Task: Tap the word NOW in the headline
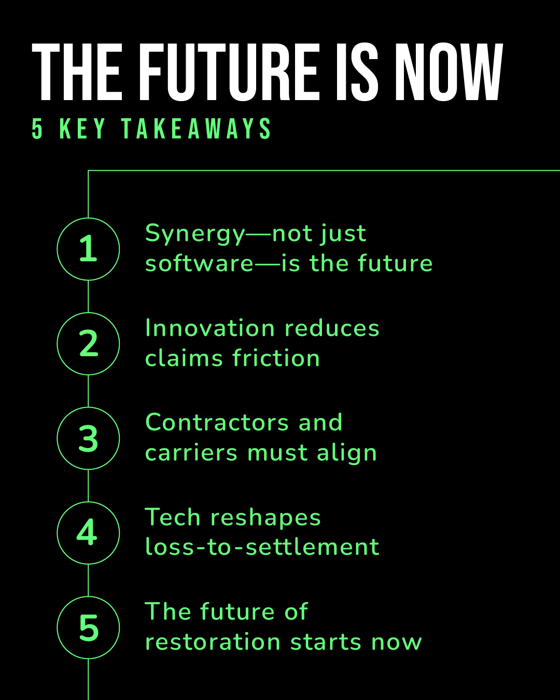click(x=449, y=72)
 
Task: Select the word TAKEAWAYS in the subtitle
click(x=196, y=129)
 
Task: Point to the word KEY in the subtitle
click(x=82, y=129)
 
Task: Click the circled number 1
click(x=88, y=249)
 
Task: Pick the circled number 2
click(x=88, y=343)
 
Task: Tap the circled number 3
click(x=88, y=438)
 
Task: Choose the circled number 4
click(x=88, y=533)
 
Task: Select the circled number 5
click(x=88, y=627)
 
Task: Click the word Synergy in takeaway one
click(x=195, y=234)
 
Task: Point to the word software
click(x=199, y=263)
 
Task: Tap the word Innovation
click(x=210, y=328)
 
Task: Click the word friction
click(x=276, y=358)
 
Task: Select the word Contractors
click(x=217, y=423)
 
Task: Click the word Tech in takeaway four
click(x=173, y=517)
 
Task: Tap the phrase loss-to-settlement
click(x=262, y=547)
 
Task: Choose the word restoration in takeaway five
click(x=213, y=642)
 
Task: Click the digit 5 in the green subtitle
click(x=37, y=129)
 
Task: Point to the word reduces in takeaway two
click(x=332, y=328)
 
